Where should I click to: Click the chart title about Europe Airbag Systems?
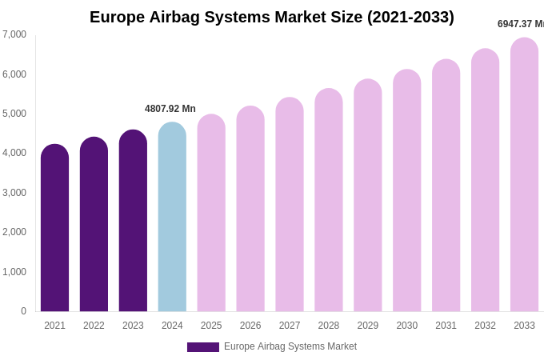point(272,17)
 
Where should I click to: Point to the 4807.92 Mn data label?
point(170,109)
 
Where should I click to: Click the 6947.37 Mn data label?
point(520,24)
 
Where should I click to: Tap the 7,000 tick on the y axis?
point(14,34)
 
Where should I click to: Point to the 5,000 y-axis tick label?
point(14,114)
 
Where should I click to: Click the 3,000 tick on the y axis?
point(14,193)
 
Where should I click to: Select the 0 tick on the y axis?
point(23,311)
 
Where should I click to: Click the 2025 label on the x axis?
point(211,326)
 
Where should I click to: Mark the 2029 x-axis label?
point(368,326)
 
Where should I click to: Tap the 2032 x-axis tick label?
point(485,326)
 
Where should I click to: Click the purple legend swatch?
point(203,347)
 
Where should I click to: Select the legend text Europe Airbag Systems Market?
point(290,346)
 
